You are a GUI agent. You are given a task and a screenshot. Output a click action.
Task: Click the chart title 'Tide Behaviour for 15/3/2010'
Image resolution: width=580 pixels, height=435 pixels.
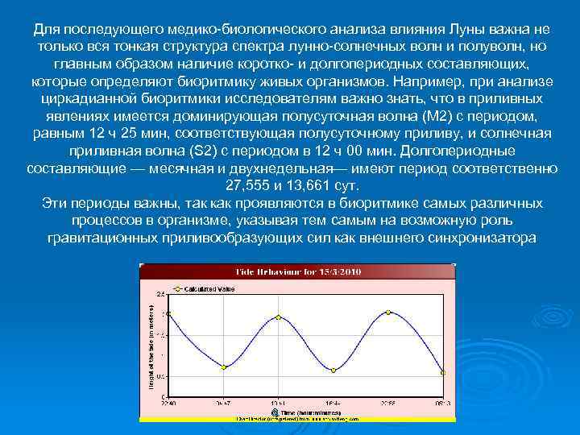[298, 271]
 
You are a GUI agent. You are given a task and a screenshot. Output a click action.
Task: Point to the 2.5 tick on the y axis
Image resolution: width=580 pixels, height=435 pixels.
[161, 293]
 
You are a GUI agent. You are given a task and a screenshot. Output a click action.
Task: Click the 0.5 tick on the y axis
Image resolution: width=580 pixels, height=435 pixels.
[161, 376]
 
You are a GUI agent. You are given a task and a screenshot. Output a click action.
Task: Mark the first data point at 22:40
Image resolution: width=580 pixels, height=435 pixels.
[168, 313]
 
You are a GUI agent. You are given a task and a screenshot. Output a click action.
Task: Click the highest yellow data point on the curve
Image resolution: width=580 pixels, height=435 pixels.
[388, 312]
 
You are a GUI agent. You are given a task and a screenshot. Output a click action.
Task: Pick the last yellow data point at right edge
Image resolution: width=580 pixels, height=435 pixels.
[442, 372]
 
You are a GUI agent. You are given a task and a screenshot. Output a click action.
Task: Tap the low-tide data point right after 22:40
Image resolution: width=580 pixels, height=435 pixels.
[224, 367]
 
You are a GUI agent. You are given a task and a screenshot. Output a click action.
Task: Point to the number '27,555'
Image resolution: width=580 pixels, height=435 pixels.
[246, 185]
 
